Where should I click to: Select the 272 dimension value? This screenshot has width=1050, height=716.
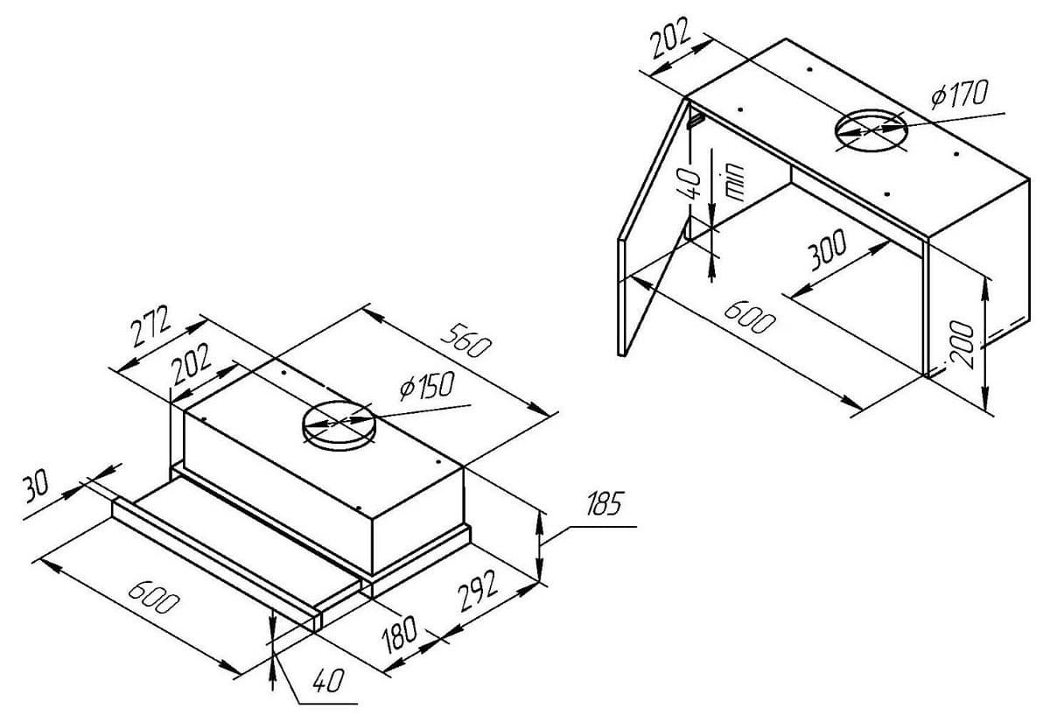[150, 328]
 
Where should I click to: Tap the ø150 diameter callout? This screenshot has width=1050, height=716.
[426, 386]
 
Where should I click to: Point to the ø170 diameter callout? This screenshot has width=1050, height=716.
[958, 95]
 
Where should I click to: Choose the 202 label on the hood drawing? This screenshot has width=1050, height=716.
[191, 364]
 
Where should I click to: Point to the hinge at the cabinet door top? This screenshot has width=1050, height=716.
[694, 116]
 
